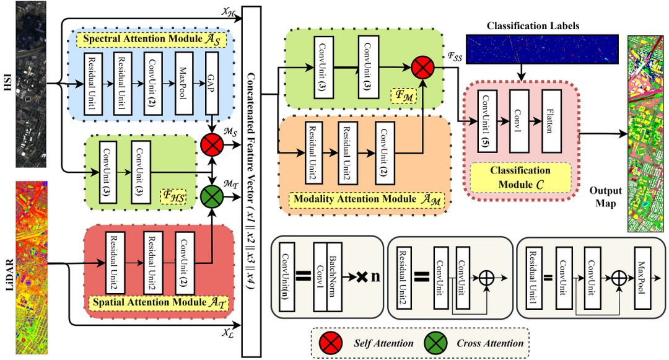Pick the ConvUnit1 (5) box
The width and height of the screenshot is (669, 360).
[x=486, y=122]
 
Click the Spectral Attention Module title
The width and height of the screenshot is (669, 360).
[x=151, y=39]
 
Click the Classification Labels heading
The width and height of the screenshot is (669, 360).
[x=533, y=25]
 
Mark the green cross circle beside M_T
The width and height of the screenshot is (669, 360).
[x=212, y=199]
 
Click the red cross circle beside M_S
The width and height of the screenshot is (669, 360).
[x=212, y=146]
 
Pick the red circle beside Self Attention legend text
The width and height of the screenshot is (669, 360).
[x=330, y=343]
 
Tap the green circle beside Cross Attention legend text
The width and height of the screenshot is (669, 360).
[x=436, y=343]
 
